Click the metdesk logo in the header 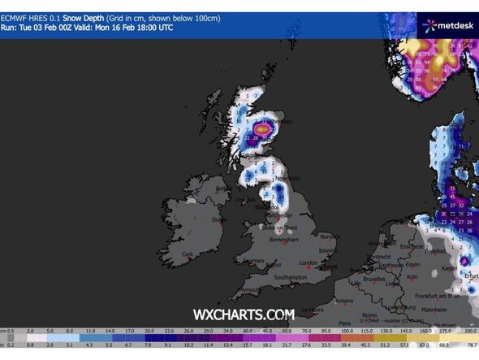pyautogui.click(x=447, y=25)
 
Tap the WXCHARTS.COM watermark pyautogui.click(x=243, y=314)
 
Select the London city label pyautogui.click(x=307, y=263)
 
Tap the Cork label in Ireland pyautogui.click(x=189, y=254)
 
